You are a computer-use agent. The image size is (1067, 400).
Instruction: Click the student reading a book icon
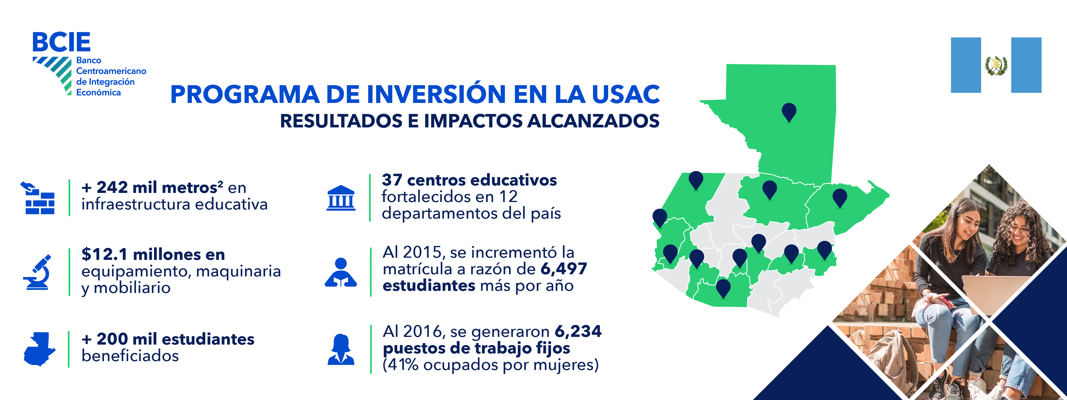(341, 272)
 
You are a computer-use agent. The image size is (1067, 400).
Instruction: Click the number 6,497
(564, 269)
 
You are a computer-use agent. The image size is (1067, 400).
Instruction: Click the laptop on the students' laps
(994, 294)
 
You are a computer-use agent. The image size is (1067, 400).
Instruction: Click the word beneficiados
(130, 356)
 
